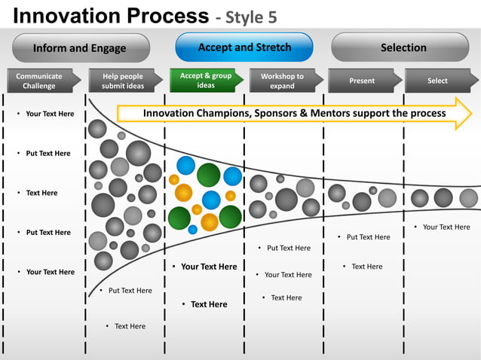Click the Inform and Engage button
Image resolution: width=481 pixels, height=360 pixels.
tap(80, 48)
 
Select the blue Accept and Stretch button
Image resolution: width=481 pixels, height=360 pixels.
tap(244, 47)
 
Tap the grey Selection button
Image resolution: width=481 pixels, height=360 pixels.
tap(403, 47)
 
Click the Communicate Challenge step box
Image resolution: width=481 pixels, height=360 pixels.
tap(39, 81)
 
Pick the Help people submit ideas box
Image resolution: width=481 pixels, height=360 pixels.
tap(122, 81)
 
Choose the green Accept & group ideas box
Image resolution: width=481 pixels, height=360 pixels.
tap(205, 81)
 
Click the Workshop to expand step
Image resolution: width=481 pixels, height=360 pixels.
tap(283, 81)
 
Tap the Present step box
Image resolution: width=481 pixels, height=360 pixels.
tap(362, 81)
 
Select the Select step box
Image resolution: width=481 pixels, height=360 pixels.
tap(437, 81)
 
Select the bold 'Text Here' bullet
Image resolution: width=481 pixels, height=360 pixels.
tap(209, 304)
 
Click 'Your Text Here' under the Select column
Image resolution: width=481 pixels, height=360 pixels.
tap(446, 227)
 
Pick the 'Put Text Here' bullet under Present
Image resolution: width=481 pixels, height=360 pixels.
tap(369, 237)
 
